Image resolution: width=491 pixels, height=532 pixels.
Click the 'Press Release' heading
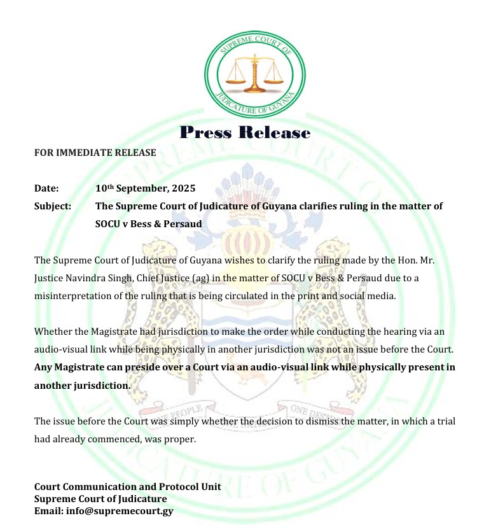[x=245, y=132]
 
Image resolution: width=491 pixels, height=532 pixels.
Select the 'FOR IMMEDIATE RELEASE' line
[x=95, y=153]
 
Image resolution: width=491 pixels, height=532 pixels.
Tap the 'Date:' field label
[x=46, y=188]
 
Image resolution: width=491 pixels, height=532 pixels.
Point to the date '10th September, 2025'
[x=145, y=188]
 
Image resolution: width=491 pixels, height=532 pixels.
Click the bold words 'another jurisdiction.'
[x=82, y=386]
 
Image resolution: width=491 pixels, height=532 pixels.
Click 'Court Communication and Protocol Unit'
[x=127, y=487]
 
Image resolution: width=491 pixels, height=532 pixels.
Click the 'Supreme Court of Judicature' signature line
[x=100, y=499]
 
